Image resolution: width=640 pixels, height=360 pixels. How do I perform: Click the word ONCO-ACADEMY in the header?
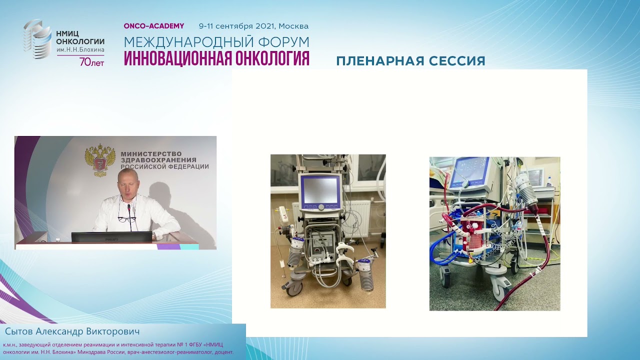click(x=154, y=26)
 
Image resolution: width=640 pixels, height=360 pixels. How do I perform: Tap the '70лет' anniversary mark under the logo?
click(x=91, y=62)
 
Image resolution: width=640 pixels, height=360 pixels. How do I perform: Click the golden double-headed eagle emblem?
click(x=100, y=160)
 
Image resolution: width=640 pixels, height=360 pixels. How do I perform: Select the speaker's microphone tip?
click(x=128, y=206)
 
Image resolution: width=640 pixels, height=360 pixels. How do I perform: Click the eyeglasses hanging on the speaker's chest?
click(x=123, y=218)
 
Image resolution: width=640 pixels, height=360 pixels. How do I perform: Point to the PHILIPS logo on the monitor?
click(x=111, y=239)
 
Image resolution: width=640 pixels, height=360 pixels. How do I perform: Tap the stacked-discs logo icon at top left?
click(x=36, y=39)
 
